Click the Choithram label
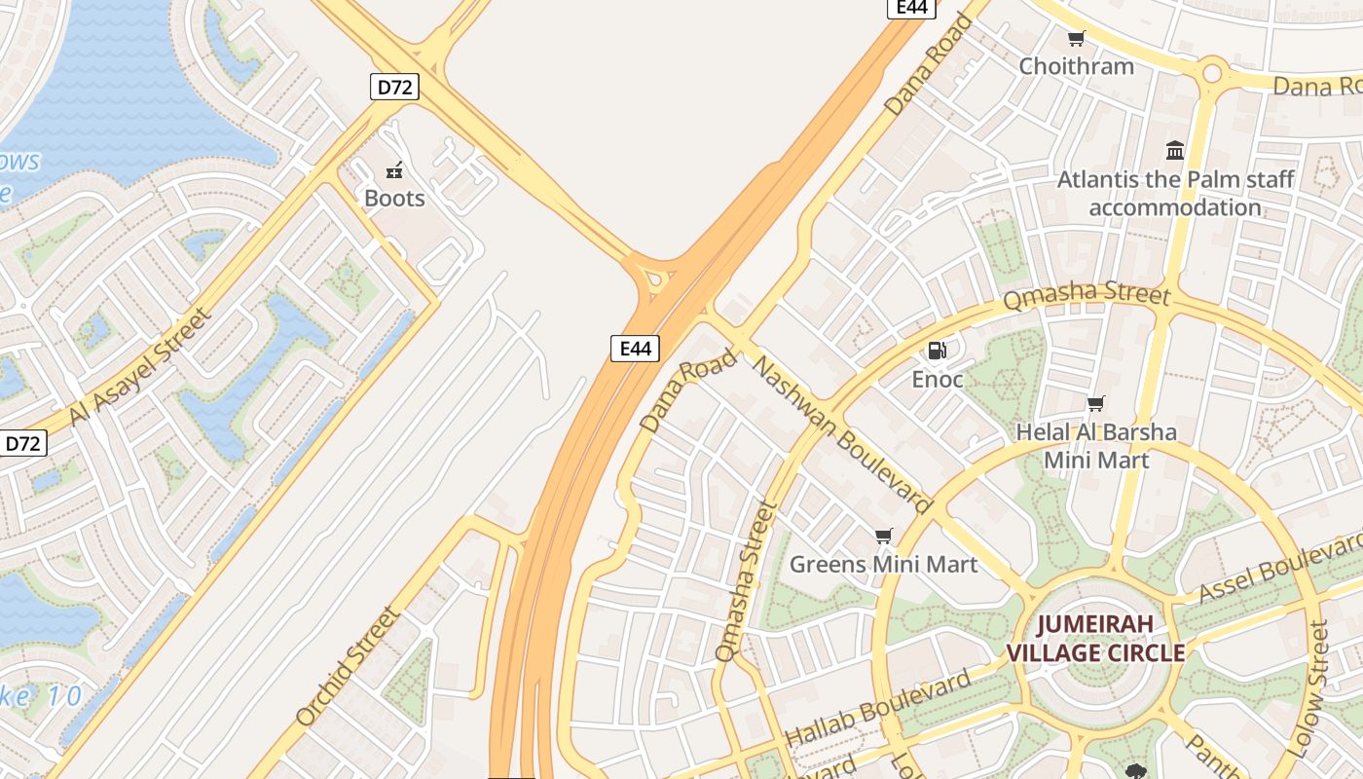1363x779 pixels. click(x=1076, y=66)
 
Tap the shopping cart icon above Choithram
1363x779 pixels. click(x=1076, y=39)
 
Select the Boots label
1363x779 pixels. click(x=394, y=199)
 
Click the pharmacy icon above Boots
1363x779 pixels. click(x=394, y=171)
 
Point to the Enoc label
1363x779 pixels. click(x=937, y=379)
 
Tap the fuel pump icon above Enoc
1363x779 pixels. click(x=937, y=351)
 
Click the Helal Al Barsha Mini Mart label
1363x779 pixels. click(x=1096, y=445)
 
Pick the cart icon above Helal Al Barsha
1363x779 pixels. click(x=1096, y=403)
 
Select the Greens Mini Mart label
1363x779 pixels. click(x=883, y=564)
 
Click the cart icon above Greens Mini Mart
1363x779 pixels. click(x=883, y=536)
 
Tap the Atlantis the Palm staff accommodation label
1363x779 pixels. click(x=1175, y=193)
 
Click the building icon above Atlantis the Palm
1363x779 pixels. click(x=1175, y=151)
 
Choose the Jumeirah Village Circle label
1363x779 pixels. click(x=1095, y=638)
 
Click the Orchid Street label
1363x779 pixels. click(x=348, y=667)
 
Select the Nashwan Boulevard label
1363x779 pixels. click(x=843, y=434)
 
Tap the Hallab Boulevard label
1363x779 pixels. click(x=878, y=708)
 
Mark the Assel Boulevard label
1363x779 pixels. click(x=1279, y=568)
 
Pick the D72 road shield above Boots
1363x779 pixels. click(x=394, y=87)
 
